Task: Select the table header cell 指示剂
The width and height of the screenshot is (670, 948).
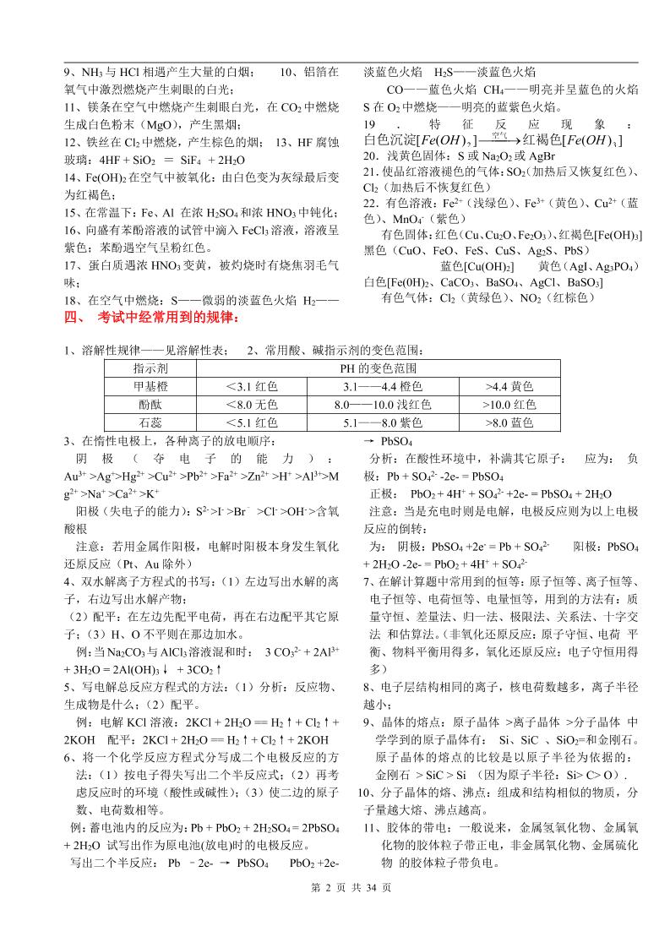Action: pos(150,369)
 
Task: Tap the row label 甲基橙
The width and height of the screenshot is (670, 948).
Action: pos(150,387)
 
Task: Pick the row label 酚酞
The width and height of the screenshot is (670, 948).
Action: pos(150,405)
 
